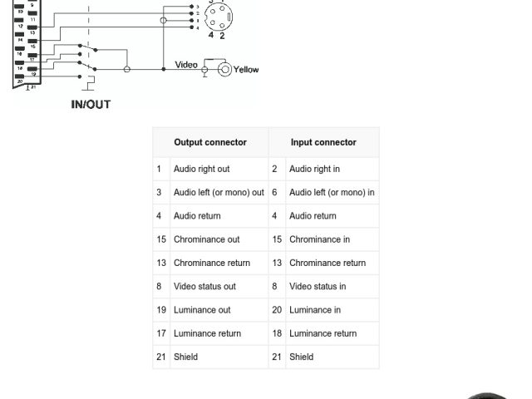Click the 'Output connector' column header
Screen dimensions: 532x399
(x=209, y=142)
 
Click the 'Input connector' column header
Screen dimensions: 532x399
(x=323, y=142)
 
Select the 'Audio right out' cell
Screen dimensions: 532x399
(x=201, y=169)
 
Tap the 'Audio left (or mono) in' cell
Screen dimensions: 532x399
(x=332, y=192)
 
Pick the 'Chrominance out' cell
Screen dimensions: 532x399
(x=206, y=239)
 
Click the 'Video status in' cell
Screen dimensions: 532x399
(x=318, y=286)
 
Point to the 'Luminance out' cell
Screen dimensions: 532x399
(x=202, y=310)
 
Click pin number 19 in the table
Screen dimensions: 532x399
(x=161, y=310)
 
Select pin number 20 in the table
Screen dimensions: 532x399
(x=277, y=310)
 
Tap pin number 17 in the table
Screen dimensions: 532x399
(x=161, y=333)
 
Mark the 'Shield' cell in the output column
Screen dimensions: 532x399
(x=185, y=357)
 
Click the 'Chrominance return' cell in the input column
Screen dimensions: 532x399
(x=328, y=263)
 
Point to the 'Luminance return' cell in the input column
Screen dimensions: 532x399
(x=323, y=333)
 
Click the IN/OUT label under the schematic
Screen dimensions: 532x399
(x=91, y=105)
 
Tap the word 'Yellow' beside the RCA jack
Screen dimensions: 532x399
(x=246, y=70)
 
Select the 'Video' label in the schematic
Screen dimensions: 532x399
(x=186, y=65)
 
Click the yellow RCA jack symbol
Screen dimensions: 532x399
(x=224, y=70)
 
